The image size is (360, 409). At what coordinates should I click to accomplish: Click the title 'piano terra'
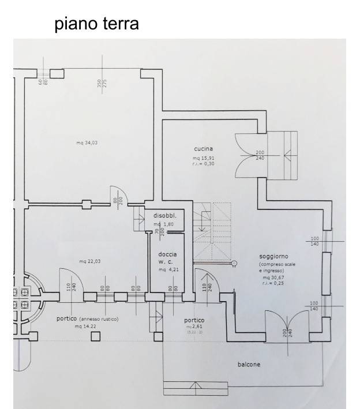pos(96,24)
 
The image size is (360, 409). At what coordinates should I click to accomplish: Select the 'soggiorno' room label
pos(274,256)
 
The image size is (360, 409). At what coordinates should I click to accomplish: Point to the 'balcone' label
pos(249,365)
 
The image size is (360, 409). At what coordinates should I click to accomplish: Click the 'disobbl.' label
pos(164,216)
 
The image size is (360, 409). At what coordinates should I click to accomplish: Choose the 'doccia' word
pos(168,254)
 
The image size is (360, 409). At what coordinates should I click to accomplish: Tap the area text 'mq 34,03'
pos(87,143)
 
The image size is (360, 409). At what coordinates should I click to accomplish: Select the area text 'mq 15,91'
pos(204,157)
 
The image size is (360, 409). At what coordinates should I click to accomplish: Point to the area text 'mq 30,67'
pos(273,277)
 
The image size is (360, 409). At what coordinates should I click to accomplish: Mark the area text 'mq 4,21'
pos(170,269)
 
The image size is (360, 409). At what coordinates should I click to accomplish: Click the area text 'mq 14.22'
pos(86,327)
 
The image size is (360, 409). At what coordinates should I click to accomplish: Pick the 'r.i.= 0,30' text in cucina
pos(204,164)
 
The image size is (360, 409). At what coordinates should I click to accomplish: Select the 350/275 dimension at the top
pos(102,83)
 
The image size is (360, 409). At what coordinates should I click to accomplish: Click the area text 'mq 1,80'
pos(164,224)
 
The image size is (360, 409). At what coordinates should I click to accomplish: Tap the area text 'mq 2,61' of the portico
pos(194,327)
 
